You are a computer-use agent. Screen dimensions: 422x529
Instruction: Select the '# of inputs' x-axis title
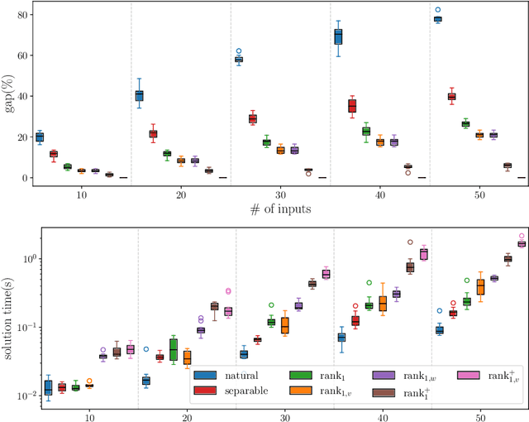(x=279, y=209)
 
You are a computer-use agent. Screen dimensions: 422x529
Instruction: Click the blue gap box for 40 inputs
(x=338, y=36)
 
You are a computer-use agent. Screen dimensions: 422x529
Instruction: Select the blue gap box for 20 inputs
(x=139, y=95)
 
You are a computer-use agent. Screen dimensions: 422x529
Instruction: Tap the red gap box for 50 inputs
(x=451, y=97)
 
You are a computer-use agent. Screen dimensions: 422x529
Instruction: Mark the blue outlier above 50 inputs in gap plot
(x=437, y=10)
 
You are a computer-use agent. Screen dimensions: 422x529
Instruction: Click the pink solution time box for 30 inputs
(x=326, y=274)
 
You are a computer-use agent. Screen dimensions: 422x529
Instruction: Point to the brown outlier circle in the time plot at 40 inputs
(x=410, y=242)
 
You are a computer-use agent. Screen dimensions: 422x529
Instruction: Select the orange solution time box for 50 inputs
(x=480, y=286)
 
